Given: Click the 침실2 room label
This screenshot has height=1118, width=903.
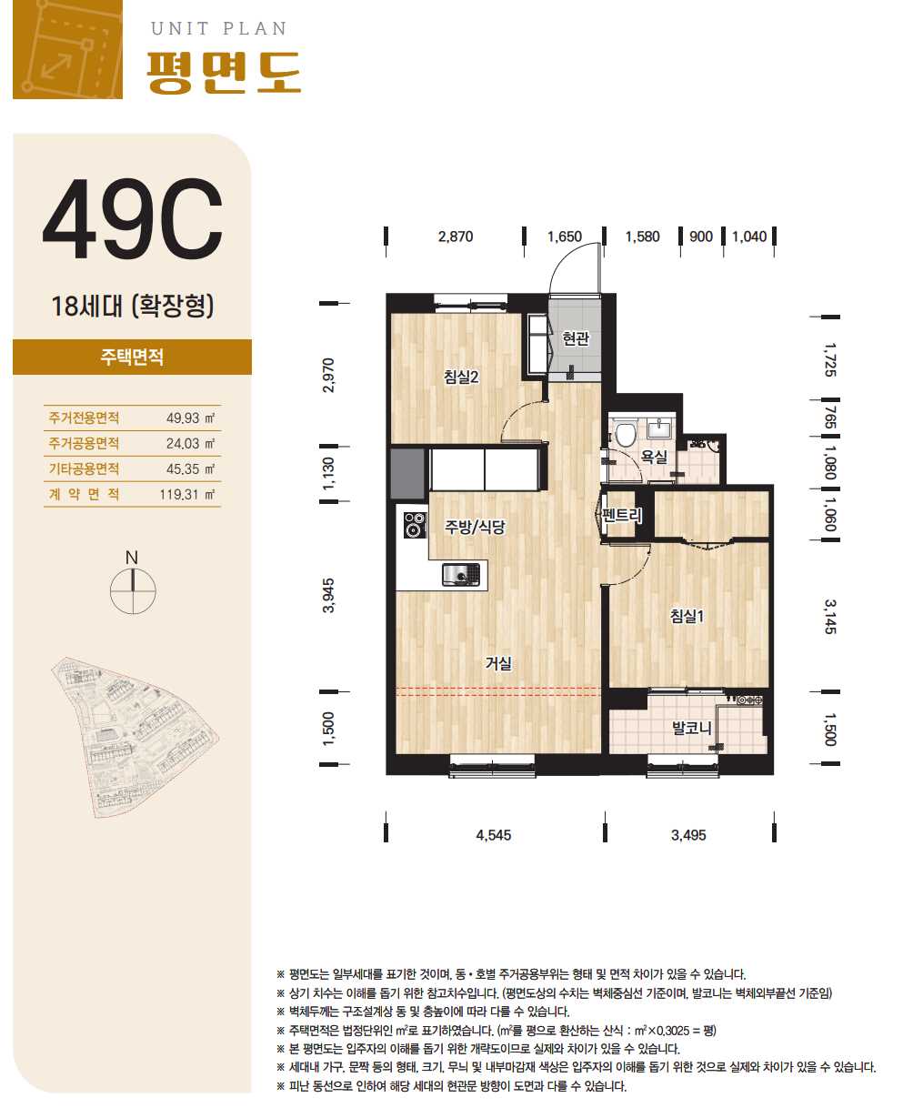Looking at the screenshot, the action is (461, 377).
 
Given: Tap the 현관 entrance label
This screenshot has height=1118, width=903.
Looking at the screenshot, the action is (575, 338).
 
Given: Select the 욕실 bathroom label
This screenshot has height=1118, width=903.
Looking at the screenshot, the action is (654, 457).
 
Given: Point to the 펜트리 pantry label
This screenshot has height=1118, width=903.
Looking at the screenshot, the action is (621, 514).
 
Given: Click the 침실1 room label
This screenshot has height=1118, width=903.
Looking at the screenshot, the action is (687, 616).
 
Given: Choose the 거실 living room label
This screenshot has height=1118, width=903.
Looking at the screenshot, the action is (498, 663).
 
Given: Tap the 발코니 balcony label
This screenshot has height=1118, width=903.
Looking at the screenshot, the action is (691, 728).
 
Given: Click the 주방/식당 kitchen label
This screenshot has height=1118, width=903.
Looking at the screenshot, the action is (475, 527).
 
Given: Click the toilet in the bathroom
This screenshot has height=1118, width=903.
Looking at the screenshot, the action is (625, 433).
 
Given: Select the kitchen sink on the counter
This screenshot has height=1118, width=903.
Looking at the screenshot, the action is (461, 574).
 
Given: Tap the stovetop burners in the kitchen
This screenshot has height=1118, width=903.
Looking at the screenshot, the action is (414, 525).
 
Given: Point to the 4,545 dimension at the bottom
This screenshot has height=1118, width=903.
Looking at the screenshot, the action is (493, 834).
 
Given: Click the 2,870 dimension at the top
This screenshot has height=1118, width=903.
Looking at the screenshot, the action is (456, 237).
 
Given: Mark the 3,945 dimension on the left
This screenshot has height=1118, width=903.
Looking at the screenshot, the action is (328, 595).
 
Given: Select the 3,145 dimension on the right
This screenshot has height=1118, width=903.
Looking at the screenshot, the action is (829, 617).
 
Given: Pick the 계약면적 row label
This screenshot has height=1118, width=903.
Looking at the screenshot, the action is (84, 494).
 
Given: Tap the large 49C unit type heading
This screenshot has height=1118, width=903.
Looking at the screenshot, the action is (132, 218).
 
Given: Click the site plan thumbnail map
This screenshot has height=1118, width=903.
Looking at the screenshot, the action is (135, 738).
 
